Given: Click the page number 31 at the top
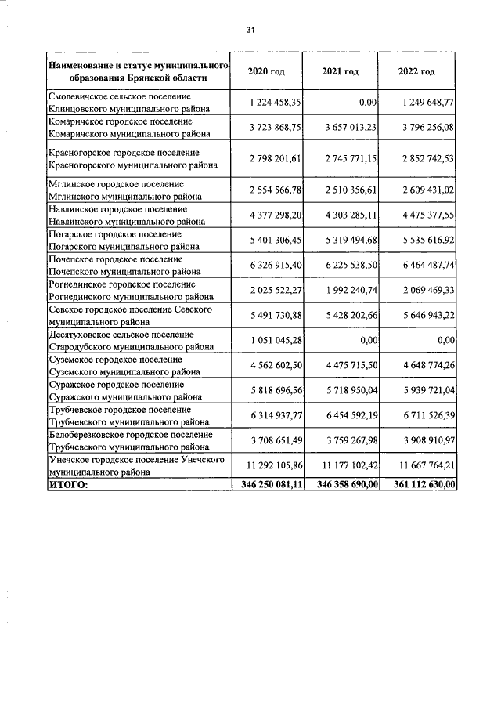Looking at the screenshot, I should coord(250,30).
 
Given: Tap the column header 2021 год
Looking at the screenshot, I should coord(340,71).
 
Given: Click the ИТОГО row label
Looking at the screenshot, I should coord(69,485).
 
